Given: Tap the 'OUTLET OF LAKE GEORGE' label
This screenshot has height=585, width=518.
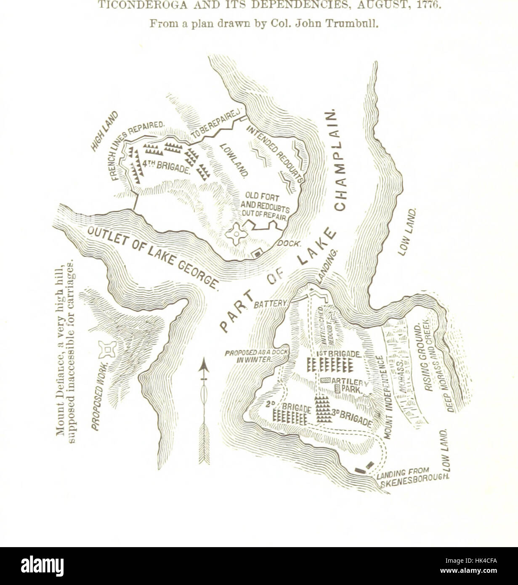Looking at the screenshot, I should (x=154, y=255).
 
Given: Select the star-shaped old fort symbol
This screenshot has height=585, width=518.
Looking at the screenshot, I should (x=237, y=233).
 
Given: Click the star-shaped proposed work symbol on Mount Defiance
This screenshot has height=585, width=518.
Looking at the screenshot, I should (x=107, y=348).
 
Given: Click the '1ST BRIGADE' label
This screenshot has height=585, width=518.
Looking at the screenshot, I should (x=338, y=354).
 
